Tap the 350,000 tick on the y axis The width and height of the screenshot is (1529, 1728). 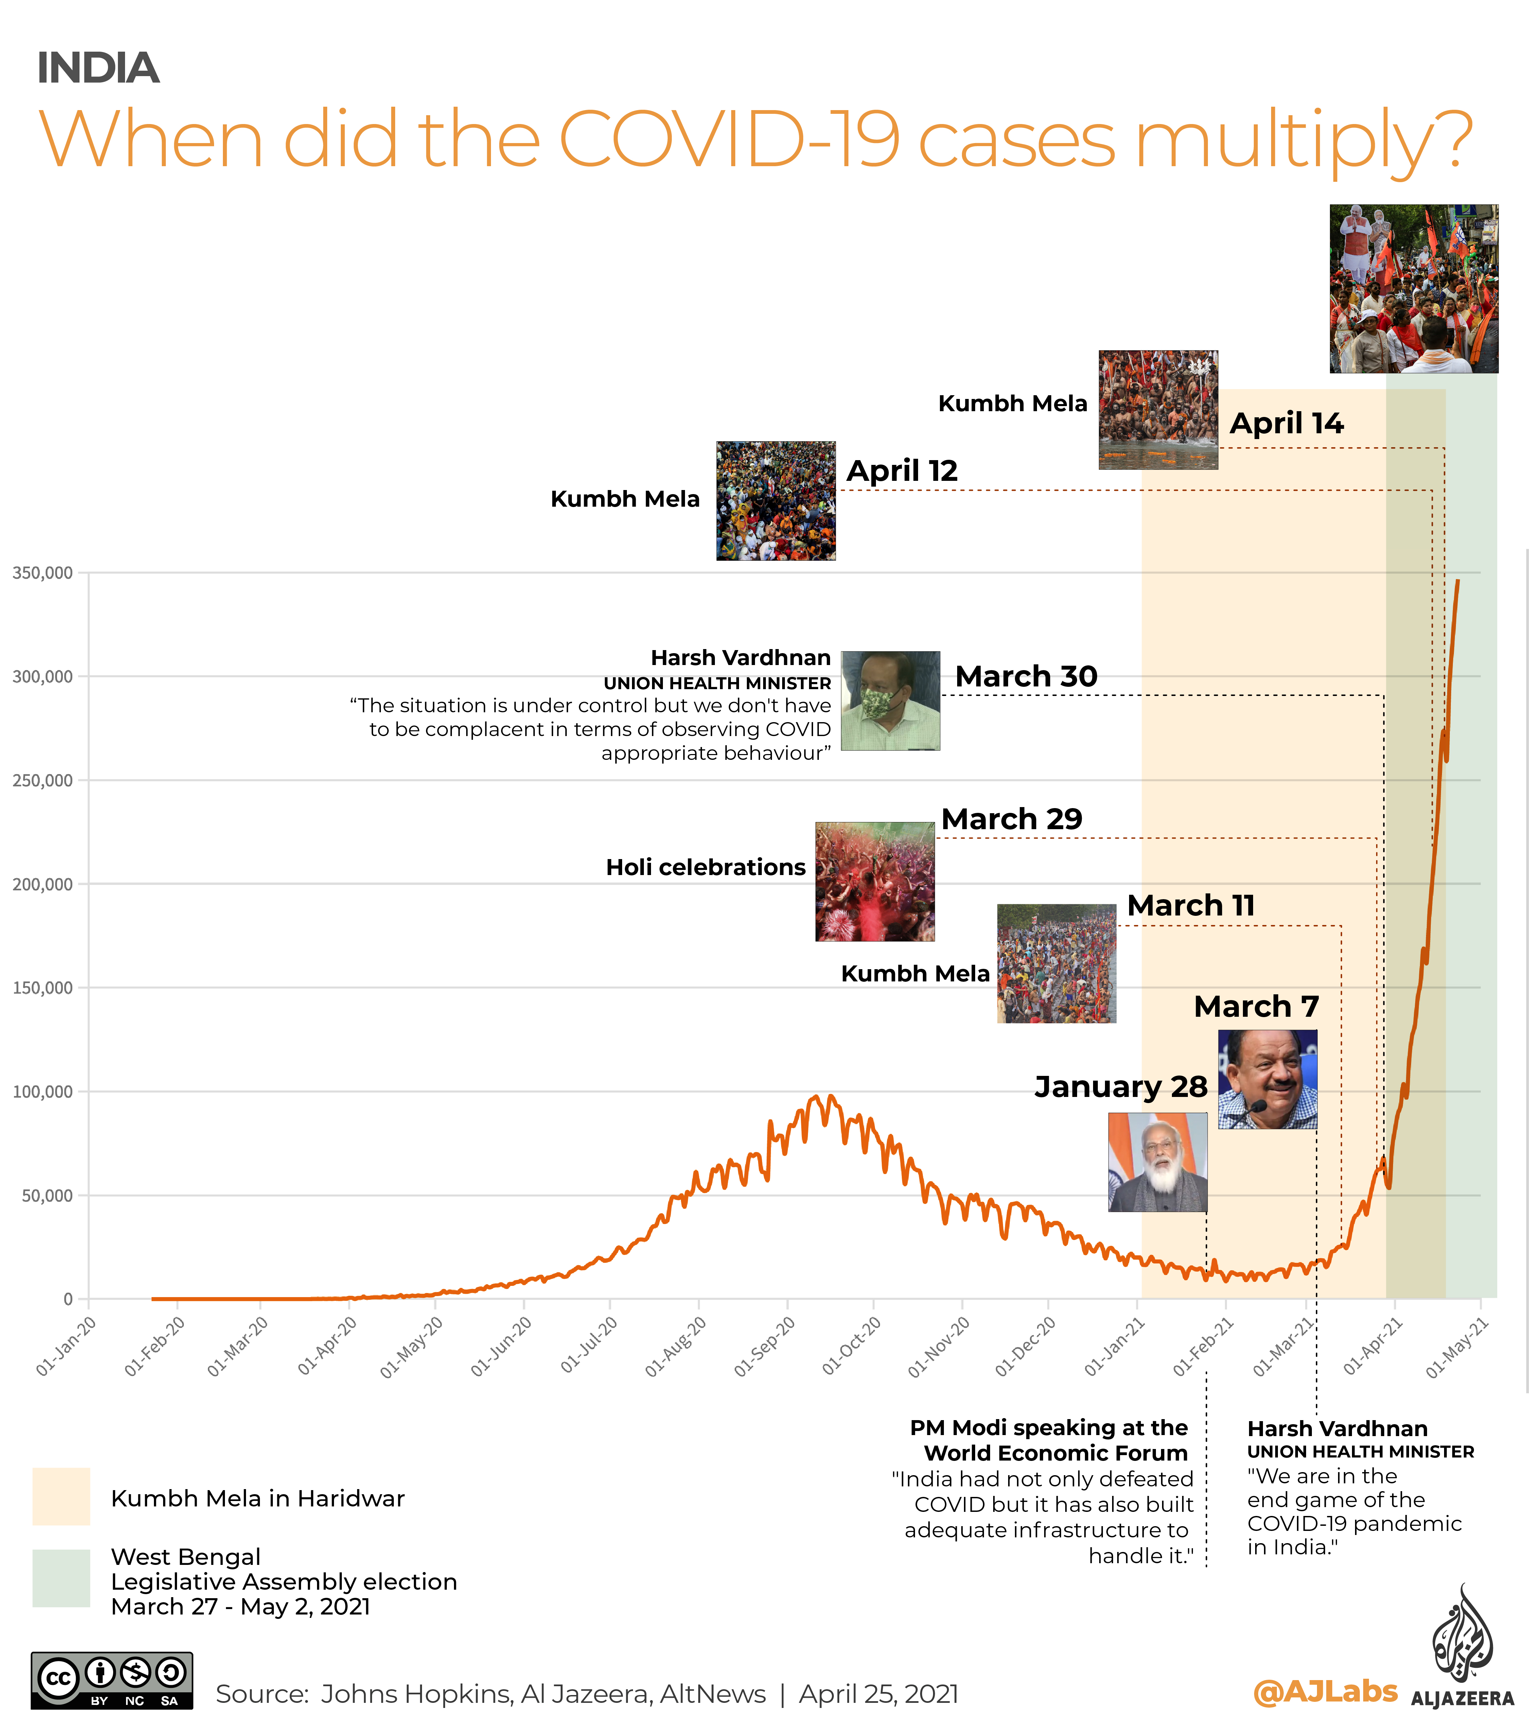(x=42, y=573)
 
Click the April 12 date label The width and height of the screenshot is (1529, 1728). (x=902, y=471)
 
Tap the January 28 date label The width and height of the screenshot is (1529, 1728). (x=1121, y=1086)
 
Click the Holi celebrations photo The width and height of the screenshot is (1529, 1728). (x=875, y=882)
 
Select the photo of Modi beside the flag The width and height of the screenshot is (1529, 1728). (x=1157, y=1163)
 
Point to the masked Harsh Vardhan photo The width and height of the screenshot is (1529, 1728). (x=890, y=701)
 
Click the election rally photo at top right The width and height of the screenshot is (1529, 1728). (x=1413, y=289)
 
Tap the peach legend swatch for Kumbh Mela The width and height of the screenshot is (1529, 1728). (x=61, y=1496)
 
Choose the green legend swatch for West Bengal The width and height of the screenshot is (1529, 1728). (x=61, y=1577)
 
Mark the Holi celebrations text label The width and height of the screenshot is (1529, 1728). (x=706, y=867)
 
